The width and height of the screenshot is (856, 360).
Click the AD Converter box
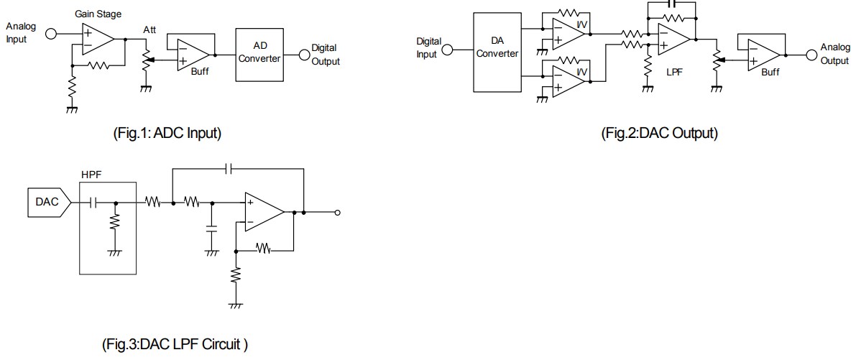[x=259, y=53]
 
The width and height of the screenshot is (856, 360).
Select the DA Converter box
[x=497, y=52]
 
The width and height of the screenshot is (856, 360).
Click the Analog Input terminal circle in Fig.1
[x=51, y=33]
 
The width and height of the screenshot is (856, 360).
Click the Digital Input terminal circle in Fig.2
[x=447, y=50]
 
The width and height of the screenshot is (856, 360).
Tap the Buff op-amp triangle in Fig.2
[x=767, y=53]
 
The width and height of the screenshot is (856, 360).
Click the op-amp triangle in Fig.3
[x=264, y=212]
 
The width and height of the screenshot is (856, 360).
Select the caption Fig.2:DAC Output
[x=658, y=133]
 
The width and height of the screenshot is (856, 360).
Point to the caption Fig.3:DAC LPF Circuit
[x=175, y=344]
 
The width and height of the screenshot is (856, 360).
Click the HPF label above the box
[x=92, y=174]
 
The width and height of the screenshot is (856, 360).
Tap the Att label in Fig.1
[x=149, y=29]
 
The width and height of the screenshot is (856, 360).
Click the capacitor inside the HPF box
[x=92, y=203]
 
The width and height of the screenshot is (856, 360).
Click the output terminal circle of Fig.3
[x=338, y=213]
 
